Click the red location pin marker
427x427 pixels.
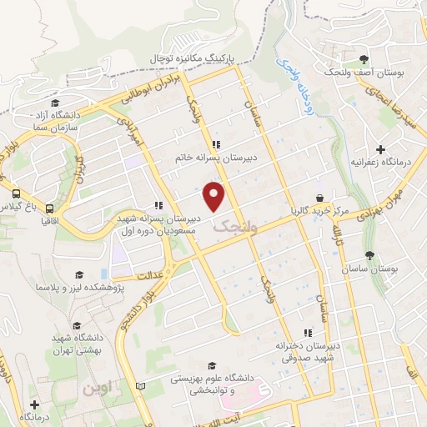click(x=215, y=197)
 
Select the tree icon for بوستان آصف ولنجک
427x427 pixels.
click(x=364, y=59)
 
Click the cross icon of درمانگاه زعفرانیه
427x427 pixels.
click(x=380, y=150)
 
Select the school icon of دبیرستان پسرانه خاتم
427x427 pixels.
click(x=216, y=143)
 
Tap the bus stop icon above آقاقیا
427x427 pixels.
click(x=50, y=208)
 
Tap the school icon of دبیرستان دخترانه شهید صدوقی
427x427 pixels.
click(x=309, y=333)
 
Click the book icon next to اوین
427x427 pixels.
click(x=140, y=386)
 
